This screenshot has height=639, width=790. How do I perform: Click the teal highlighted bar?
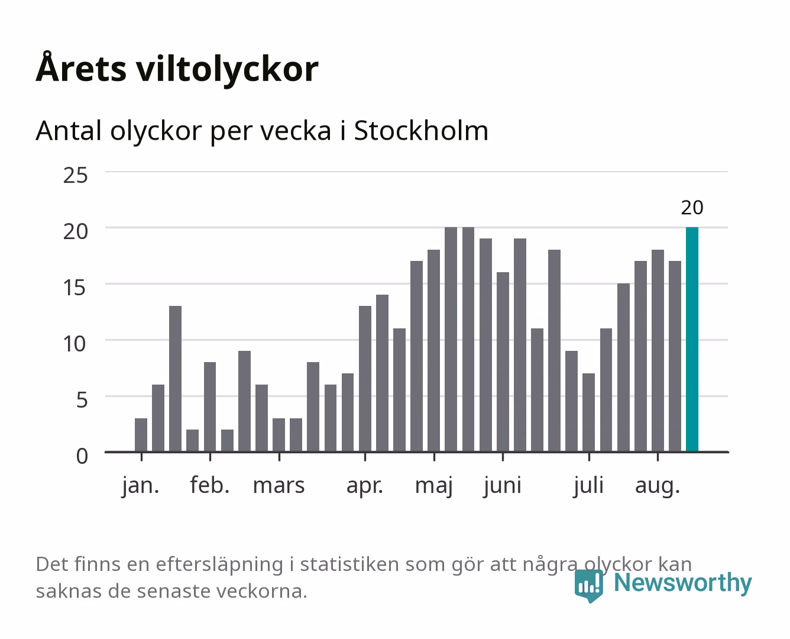pyautogui.click(x=692, y=339)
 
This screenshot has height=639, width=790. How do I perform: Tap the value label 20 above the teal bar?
pyautogui.click(x=692, y=208)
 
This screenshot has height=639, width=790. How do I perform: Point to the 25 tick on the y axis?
pyautogui.click(x=75, y=175)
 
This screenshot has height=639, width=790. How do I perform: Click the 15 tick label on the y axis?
pyautogui.click(x=75, y=288)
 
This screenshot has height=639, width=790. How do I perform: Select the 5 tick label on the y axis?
pyautogui.click(x=82, y=400)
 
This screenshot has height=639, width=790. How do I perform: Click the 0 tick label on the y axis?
pyautogui.click(x=82, y=456)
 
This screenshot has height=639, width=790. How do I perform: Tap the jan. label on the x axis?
pyautogui.click(x=141, y=486)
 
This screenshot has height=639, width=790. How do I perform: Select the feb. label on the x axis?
pyautogui.click(x=210, y=485)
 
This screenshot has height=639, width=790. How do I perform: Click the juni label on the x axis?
pyautogui.click(x=503, y=486)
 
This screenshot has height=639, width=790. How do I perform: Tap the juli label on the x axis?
pyautogui.click(x=589, y=486)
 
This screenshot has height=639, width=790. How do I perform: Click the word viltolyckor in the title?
pyautogui.click(x=228, y=69)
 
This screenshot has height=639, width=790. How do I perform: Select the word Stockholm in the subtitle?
pyautogui.click(x=422, y=131)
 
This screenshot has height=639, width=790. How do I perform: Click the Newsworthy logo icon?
pyautogui.click(x=588, y=586)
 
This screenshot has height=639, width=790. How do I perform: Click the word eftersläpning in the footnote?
pyautogui.click(x=219, y=565)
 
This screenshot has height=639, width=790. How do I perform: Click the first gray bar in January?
pyautogui.click(x=141, y=435)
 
